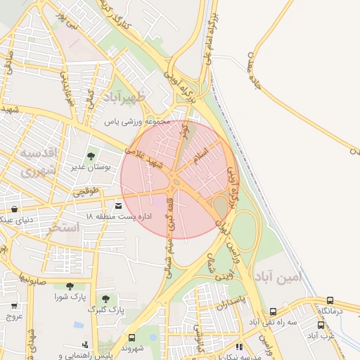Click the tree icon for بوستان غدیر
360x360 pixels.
[91, 156]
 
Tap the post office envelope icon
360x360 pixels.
[117, 205]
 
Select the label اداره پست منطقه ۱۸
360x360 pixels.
[119, 215]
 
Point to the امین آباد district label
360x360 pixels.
[278, 276]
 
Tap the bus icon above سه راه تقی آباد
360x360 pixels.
[273, 311]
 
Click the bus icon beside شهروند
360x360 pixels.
[131, 338]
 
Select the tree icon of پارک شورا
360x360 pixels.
[70, 286]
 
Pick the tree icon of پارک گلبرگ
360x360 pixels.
[105, 299]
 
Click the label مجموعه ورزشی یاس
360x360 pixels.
[138, 122]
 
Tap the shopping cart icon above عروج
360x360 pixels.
[14, 306]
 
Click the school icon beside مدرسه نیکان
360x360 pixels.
[239, 347]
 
